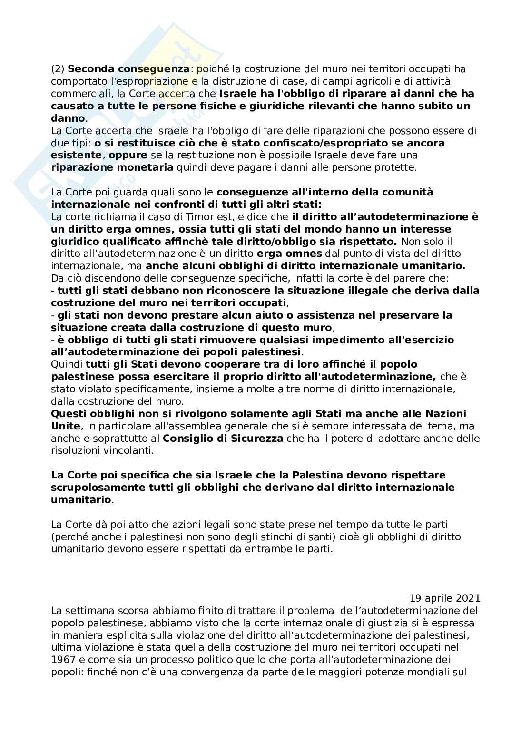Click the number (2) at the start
pos(58,69)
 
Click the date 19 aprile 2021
pos(445,598)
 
